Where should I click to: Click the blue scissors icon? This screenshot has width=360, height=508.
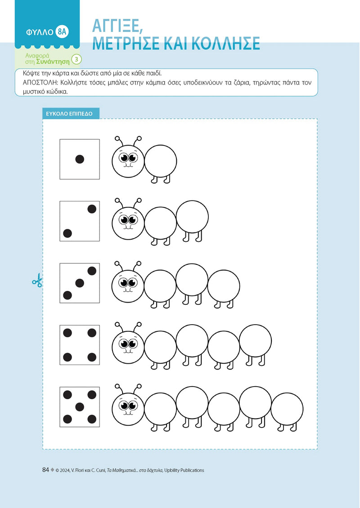37,281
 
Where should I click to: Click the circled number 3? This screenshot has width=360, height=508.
77,59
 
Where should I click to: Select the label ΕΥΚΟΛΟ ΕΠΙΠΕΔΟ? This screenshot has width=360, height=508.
69,114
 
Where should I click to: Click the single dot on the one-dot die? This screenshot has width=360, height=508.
80,159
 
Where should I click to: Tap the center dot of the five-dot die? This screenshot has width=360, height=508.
80,407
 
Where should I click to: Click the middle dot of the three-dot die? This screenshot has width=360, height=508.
80,283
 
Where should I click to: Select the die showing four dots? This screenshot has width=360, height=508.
80,345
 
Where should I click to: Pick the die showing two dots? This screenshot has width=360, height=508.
80,221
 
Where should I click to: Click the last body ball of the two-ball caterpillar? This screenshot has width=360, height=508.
192,216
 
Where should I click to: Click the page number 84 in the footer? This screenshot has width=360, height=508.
45,470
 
